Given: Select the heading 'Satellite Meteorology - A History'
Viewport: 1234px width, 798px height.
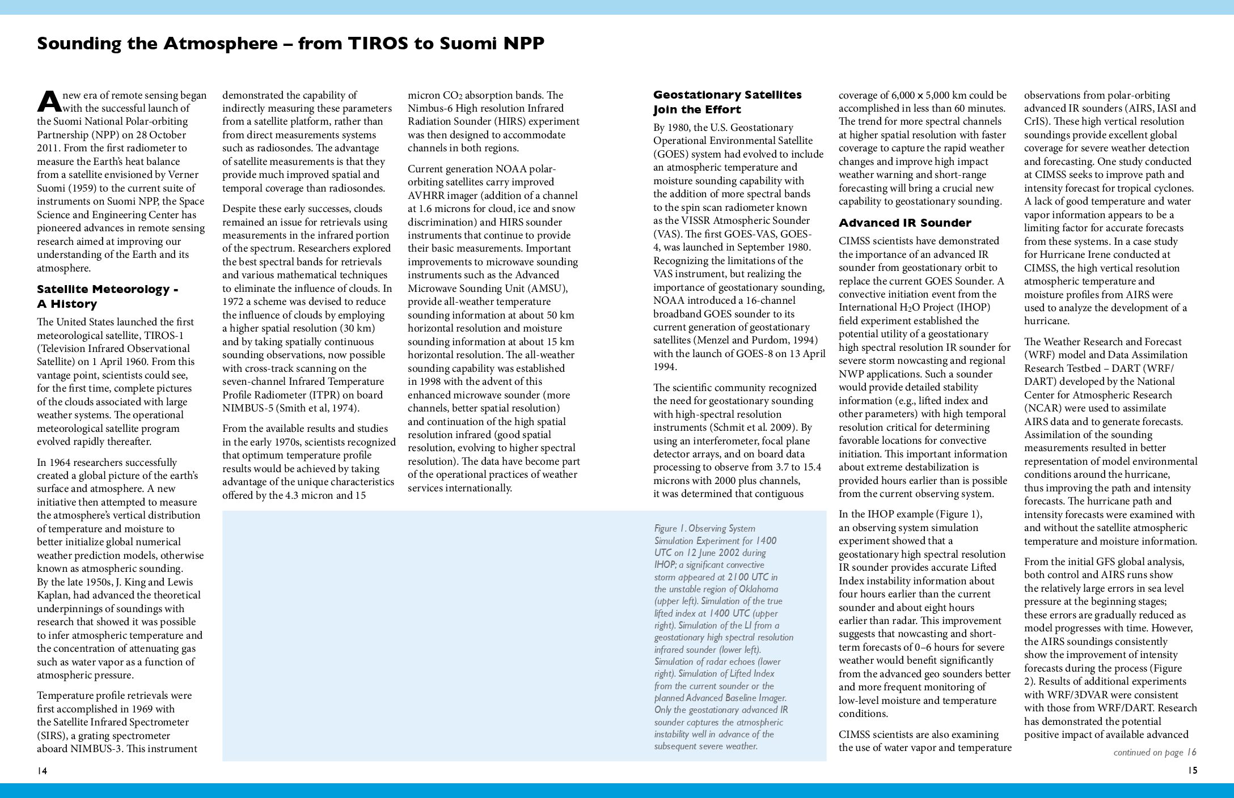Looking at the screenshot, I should coord(108,296).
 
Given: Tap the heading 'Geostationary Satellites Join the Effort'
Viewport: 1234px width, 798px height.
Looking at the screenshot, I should coord(728,102).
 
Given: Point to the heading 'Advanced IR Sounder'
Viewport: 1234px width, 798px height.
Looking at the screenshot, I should coord(905,223).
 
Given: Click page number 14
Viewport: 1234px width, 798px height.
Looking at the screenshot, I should coord(42,771).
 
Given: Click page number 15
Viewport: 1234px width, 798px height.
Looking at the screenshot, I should coord(1191,771).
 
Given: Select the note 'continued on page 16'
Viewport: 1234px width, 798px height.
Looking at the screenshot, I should coord(1155,752).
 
